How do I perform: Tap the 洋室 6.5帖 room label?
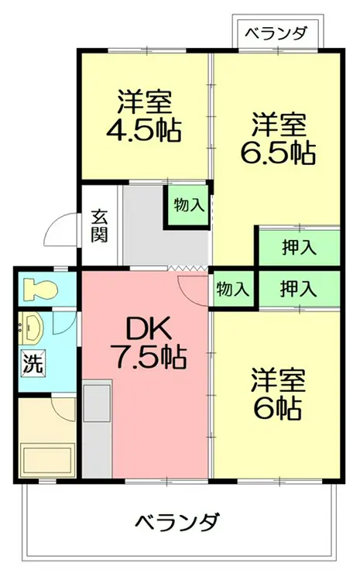(279, 139)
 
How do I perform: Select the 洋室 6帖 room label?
(279, 394)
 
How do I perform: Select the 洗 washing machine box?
(33, 362)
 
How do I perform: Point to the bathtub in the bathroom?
(47, 459)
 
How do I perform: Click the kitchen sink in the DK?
(97, 402)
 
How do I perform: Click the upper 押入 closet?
(300, 248)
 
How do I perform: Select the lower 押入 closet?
(300, 289)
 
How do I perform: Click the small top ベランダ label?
(276, 33)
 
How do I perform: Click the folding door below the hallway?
(189, 268)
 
